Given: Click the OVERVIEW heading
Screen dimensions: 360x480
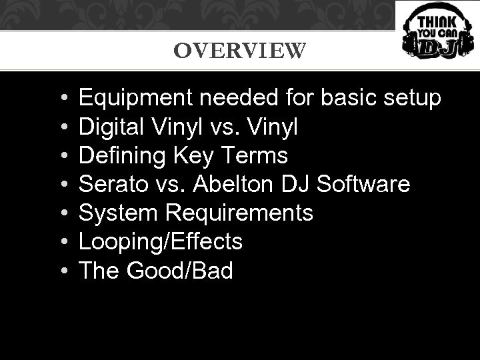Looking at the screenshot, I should (240, 51).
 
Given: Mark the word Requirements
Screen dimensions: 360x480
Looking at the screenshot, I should (238, 213).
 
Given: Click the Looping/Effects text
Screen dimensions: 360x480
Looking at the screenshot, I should (161, 242).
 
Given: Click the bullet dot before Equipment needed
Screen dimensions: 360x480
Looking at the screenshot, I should (61, 99).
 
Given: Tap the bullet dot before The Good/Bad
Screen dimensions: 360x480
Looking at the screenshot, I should (61, 271).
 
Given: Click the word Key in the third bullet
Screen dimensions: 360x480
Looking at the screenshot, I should (191, 156).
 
